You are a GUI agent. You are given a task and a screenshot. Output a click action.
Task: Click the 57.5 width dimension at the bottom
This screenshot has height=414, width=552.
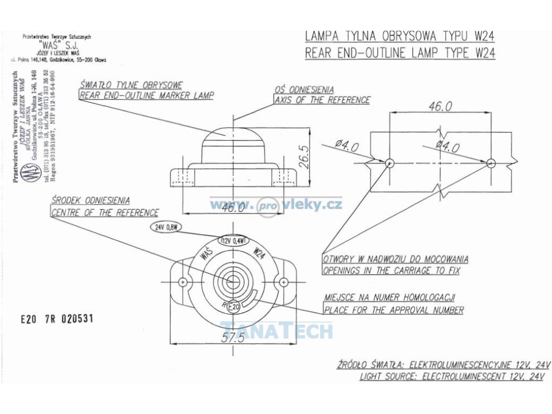coord(233,337)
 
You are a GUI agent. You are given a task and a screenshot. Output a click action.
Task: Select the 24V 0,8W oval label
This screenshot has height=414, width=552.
coord(166,227)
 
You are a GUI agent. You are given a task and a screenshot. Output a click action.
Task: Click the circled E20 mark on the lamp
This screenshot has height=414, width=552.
coord(233,306)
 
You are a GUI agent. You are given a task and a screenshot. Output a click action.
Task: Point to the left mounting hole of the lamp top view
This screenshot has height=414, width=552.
coord(183,282)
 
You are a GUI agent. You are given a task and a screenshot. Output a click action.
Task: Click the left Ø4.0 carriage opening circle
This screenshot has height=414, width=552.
coord(390,162)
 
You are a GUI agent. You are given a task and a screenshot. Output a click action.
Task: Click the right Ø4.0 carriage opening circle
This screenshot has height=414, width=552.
coord(490,162)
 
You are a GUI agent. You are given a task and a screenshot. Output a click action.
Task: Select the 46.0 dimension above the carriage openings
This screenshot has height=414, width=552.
coord(440,106)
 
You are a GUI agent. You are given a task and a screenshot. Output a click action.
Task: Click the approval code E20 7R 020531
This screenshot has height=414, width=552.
coord(57,319)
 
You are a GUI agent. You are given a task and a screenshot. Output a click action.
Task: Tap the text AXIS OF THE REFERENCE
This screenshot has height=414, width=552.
coord(322,100)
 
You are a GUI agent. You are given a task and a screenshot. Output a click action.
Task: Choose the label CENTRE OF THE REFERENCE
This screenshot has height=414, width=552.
coord(105,212)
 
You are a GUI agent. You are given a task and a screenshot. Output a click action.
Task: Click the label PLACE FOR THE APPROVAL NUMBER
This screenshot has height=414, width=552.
coord(394,310)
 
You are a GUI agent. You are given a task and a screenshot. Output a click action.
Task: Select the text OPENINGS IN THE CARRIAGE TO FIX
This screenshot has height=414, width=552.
coord(391,271)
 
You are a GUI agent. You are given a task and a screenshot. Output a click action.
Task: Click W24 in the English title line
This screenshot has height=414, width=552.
coord(485,53)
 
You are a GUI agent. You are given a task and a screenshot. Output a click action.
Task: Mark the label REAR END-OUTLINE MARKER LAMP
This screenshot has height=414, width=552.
coord(147,95)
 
